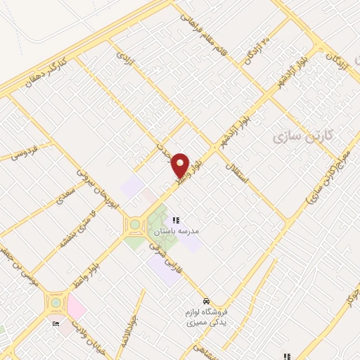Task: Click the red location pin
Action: pos(181,165)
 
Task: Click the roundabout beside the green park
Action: pos(134,226)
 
